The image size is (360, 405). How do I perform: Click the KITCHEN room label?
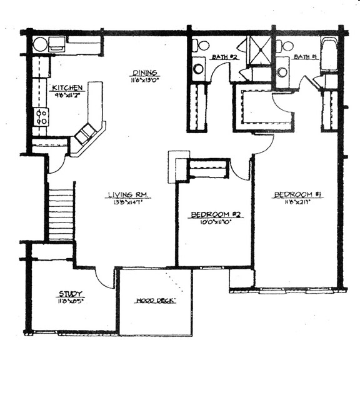tap(67, 87)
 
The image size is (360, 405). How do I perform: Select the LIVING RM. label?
tap(129, 196)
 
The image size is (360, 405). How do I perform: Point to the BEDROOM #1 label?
tap(297, 195)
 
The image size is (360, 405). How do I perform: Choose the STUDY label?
tap(71, 294)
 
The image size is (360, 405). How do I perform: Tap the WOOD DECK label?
tap(156, 301)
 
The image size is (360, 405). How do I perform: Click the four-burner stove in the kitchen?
tap(42, 116)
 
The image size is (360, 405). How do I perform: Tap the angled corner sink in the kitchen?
tap(86, 133)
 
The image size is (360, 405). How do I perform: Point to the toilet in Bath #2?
tap(201, 45)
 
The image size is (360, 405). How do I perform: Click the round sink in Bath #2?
tap(198, 68)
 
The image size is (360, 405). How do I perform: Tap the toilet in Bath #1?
tap(286, 46)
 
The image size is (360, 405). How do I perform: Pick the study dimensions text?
tap(71, 301)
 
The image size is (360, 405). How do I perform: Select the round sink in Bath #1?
tap(282, 71)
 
